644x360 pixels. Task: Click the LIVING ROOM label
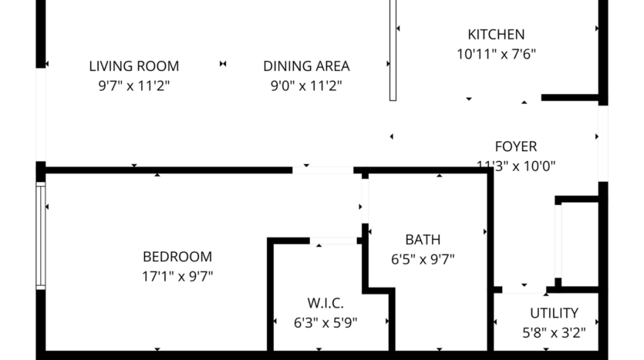(x=133, y=66)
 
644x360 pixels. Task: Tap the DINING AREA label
(x=306, y=66)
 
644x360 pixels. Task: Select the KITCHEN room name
(x=496, y=35)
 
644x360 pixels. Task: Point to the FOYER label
(x=515, y=146)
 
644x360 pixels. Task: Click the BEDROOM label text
(x=177, y=257)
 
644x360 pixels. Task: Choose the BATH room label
(x=423, y=240)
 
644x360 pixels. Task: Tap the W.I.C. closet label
(x=325, y=303)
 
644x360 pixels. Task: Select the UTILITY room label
(x=554, y=313)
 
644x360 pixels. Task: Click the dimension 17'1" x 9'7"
(x=177, y=276)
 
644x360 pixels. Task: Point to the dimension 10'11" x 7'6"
(x=496, y=54)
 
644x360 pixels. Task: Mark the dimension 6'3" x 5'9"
(x=325, y=322)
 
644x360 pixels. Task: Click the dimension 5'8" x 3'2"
(x=554, y=333)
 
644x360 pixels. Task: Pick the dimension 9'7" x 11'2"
(x=133, y=86)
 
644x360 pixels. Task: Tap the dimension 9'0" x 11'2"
(x=306, y=86)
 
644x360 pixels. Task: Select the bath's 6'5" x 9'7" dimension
(x=423, y=259)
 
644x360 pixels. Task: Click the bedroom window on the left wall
(x=41, y=236)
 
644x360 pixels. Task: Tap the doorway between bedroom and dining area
(x=323, y=170)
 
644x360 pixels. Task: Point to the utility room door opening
(x=524, y=291)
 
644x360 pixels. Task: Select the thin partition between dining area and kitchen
(x=393, y=50)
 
